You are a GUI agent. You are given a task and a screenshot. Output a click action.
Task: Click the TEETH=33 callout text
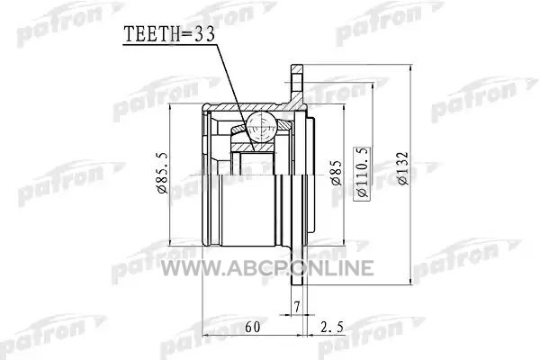tap(169, 34)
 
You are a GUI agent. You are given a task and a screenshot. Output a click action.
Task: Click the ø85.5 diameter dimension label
tap(162, 172)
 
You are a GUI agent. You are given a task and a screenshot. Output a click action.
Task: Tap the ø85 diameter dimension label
tap(337, 173)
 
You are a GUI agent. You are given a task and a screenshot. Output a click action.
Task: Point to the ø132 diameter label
tap(402, 168)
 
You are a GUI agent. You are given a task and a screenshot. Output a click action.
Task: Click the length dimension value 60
tap(253, 327)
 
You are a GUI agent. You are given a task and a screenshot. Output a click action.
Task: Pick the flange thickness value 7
tap(297, 307)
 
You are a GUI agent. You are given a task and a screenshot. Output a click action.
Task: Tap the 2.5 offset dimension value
tap(331, 327)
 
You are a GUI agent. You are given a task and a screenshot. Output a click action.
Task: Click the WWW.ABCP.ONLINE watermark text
tap(267, 268)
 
